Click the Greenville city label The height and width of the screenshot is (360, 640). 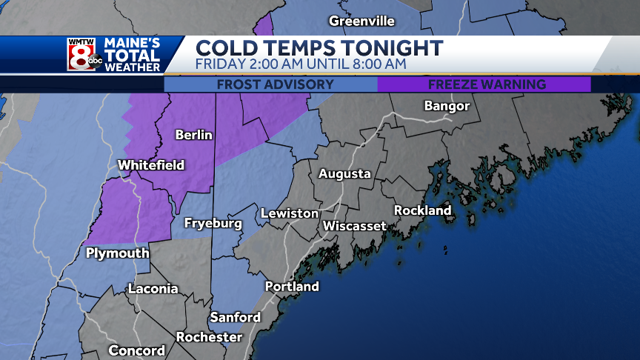coord(361,21)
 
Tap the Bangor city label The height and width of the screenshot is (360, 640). coord(447,106)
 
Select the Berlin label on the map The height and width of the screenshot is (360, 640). coord(193,135)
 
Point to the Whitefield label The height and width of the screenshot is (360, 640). coord(151,165)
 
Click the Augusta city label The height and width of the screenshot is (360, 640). coord(344,174)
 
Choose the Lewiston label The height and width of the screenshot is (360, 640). coord(290,213)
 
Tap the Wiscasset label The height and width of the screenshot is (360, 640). coord(354,225)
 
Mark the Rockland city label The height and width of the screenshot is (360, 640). coord(422,210)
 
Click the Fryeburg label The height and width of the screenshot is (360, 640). coord(213,223)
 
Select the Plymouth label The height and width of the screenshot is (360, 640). coord(117,253)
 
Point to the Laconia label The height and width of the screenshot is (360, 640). coord(153,289)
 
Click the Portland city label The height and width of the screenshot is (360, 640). coord(292,287)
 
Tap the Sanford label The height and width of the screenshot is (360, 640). coord(235,318)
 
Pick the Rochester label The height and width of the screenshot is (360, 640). coord(209,338)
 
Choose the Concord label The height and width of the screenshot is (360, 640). coord(137,350)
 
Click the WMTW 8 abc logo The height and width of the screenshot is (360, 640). coord(84,55)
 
